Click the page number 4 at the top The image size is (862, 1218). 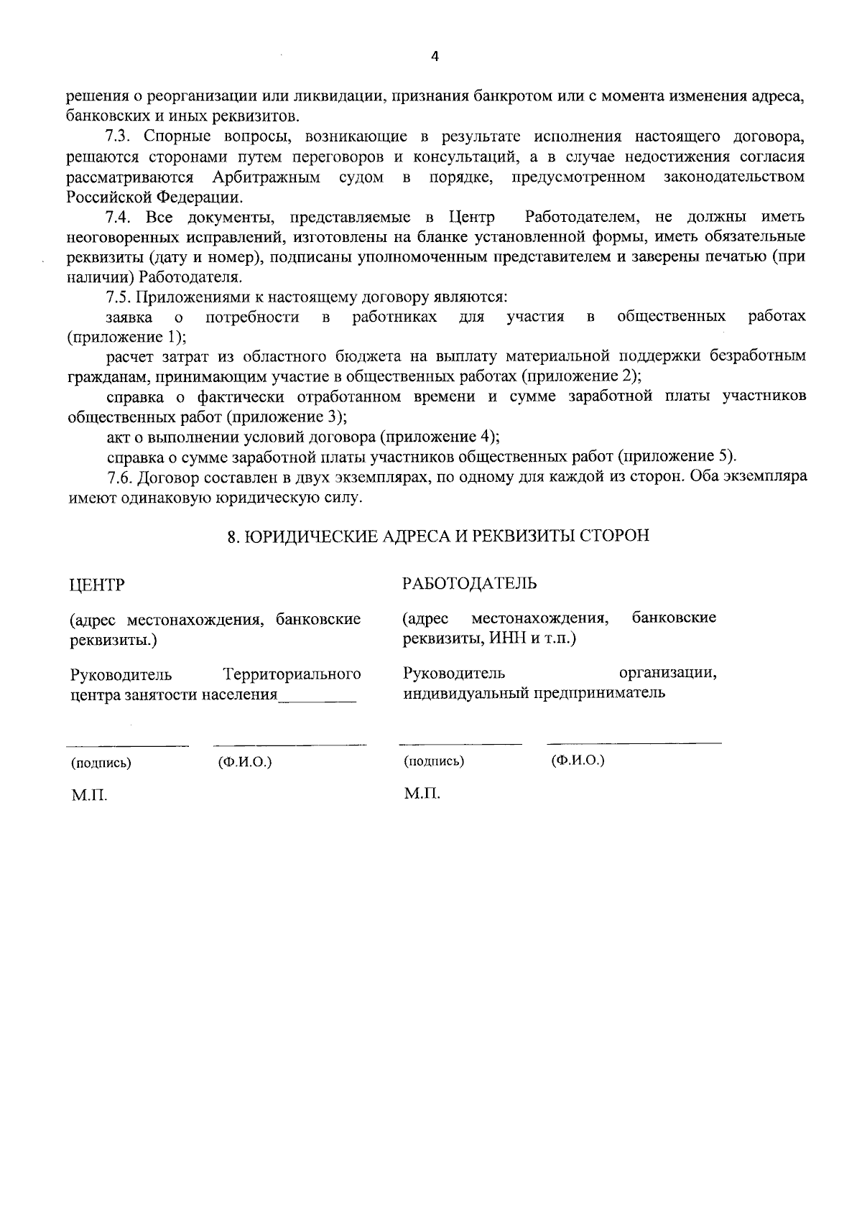click(x=434, y=57)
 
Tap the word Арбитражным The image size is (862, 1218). click(x=267, y=177)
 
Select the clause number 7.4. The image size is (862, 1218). click(x=119, y=216)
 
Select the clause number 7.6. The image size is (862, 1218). click(x=119, y=476)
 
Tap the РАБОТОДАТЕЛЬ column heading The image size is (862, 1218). click(x=469, y=582)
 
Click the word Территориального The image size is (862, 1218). click(x=292, y=674)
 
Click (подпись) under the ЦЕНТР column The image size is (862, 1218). click(x=101, y=763)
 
